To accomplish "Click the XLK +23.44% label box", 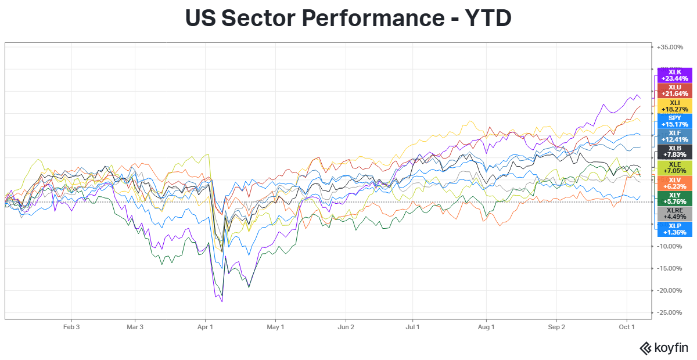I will [674, 75].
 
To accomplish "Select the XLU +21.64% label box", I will [674, 91].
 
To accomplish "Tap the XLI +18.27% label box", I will [674, 106].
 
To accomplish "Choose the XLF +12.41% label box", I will [674, 136].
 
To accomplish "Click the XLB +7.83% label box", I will [674, 152].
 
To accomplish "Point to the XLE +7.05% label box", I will [674, 167].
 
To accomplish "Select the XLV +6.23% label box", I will [674, 183].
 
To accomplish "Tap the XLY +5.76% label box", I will [674, 198].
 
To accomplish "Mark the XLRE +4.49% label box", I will [674, 214].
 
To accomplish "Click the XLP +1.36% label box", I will [674, 229].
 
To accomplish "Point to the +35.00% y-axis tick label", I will [670, 47].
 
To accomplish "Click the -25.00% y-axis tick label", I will [670, 312].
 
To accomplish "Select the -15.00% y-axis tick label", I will [670, 268].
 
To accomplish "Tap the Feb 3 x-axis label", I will [71, 327].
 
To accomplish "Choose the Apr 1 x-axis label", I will [206, 327].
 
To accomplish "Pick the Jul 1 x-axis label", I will [413, 327].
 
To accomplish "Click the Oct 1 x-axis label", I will [627, 327].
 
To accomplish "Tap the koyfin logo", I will [663, 348].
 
